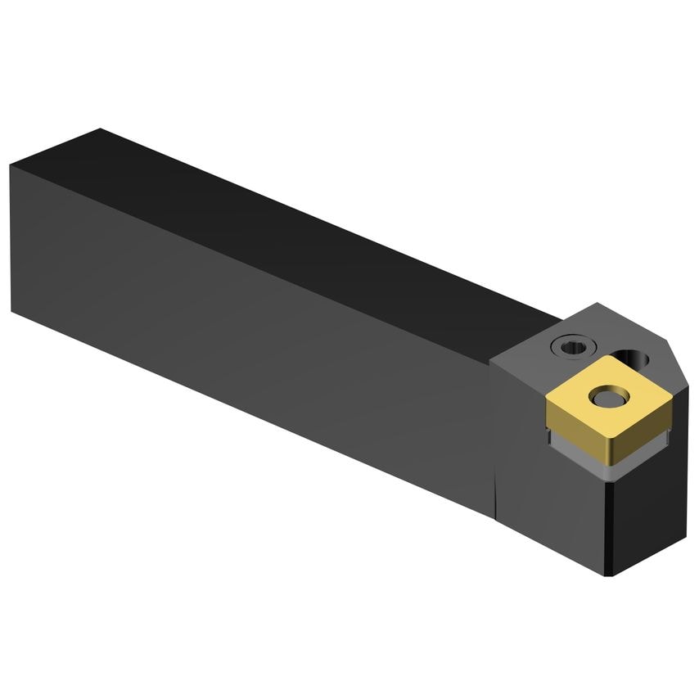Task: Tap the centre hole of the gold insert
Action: pos(607,398)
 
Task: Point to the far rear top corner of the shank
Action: pos(99,129)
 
